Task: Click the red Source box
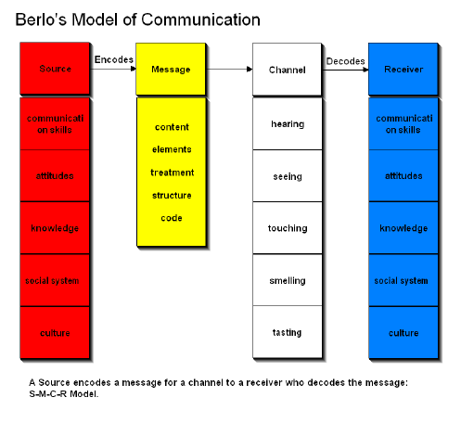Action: (55, 69)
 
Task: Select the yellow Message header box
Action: (171, 69)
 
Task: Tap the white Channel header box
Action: (288, 70)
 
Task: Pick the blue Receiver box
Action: (403, 69)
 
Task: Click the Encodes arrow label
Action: (114, 59)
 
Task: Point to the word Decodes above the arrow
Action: (345, 61)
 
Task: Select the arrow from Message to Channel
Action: (229, 69)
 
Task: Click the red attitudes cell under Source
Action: (55, 175)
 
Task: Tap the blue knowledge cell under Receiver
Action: (403, 228)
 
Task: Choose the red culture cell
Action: (55, 332)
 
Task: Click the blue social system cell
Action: (403, 280)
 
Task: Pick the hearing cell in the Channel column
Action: (288, 124)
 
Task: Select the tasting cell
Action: (288, 332)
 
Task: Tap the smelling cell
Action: (288, 280)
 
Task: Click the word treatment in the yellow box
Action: (172, 173)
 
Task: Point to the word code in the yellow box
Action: (172, 218)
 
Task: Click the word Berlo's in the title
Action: (41, 19)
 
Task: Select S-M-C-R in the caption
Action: (48, 394)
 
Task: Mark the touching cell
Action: (288, 228)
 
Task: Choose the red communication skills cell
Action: (55, 124)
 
